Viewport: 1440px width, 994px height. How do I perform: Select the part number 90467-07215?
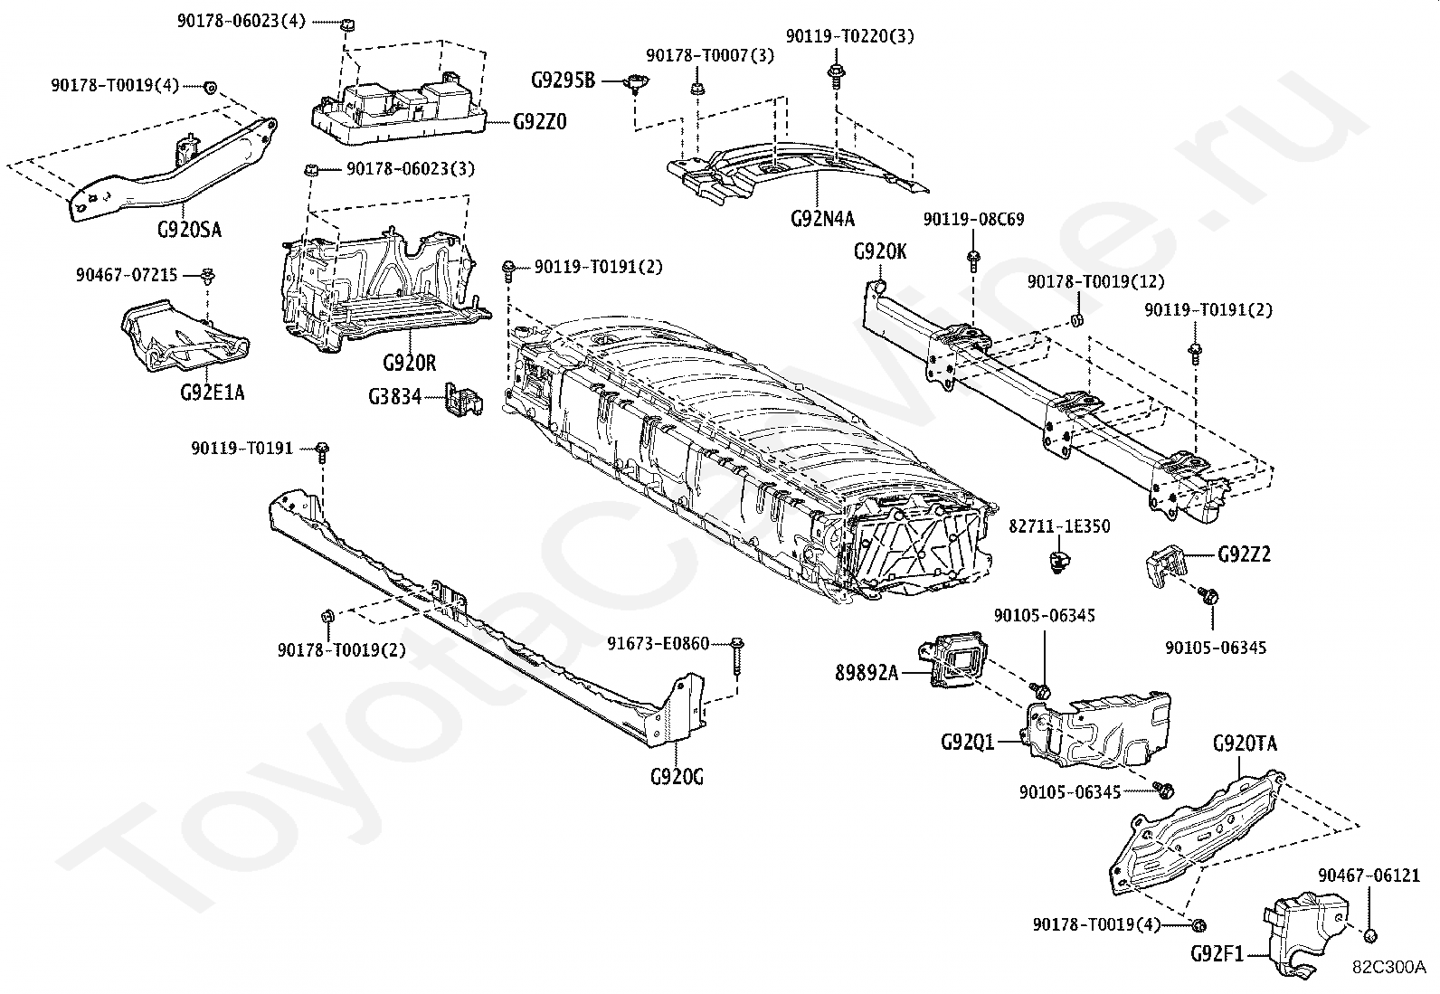[127, 274]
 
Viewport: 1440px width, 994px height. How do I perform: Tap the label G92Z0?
[540, 121]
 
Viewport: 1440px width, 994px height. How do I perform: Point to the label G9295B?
[563, 80]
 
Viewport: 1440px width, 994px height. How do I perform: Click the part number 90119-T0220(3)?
[849, 36]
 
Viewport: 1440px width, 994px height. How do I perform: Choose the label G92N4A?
[822, 218]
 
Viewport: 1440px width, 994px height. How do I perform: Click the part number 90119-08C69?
[973, 219]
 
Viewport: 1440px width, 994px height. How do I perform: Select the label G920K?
[879, 251]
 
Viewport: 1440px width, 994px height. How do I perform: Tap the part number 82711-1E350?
[1060, 526]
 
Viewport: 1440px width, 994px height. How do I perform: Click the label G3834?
[394, 396]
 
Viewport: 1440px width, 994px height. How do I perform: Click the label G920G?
[676, 776]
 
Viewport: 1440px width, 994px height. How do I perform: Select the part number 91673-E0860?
[658, 644]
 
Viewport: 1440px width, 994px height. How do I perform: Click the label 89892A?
[867, 672]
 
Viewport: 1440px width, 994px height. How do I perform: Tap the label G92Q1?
[967, 743]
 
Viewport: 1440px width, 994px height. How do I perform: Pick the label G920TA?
[1245, 743]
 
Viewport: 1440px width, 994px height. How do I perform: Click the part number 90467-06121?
[1369, 876]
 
